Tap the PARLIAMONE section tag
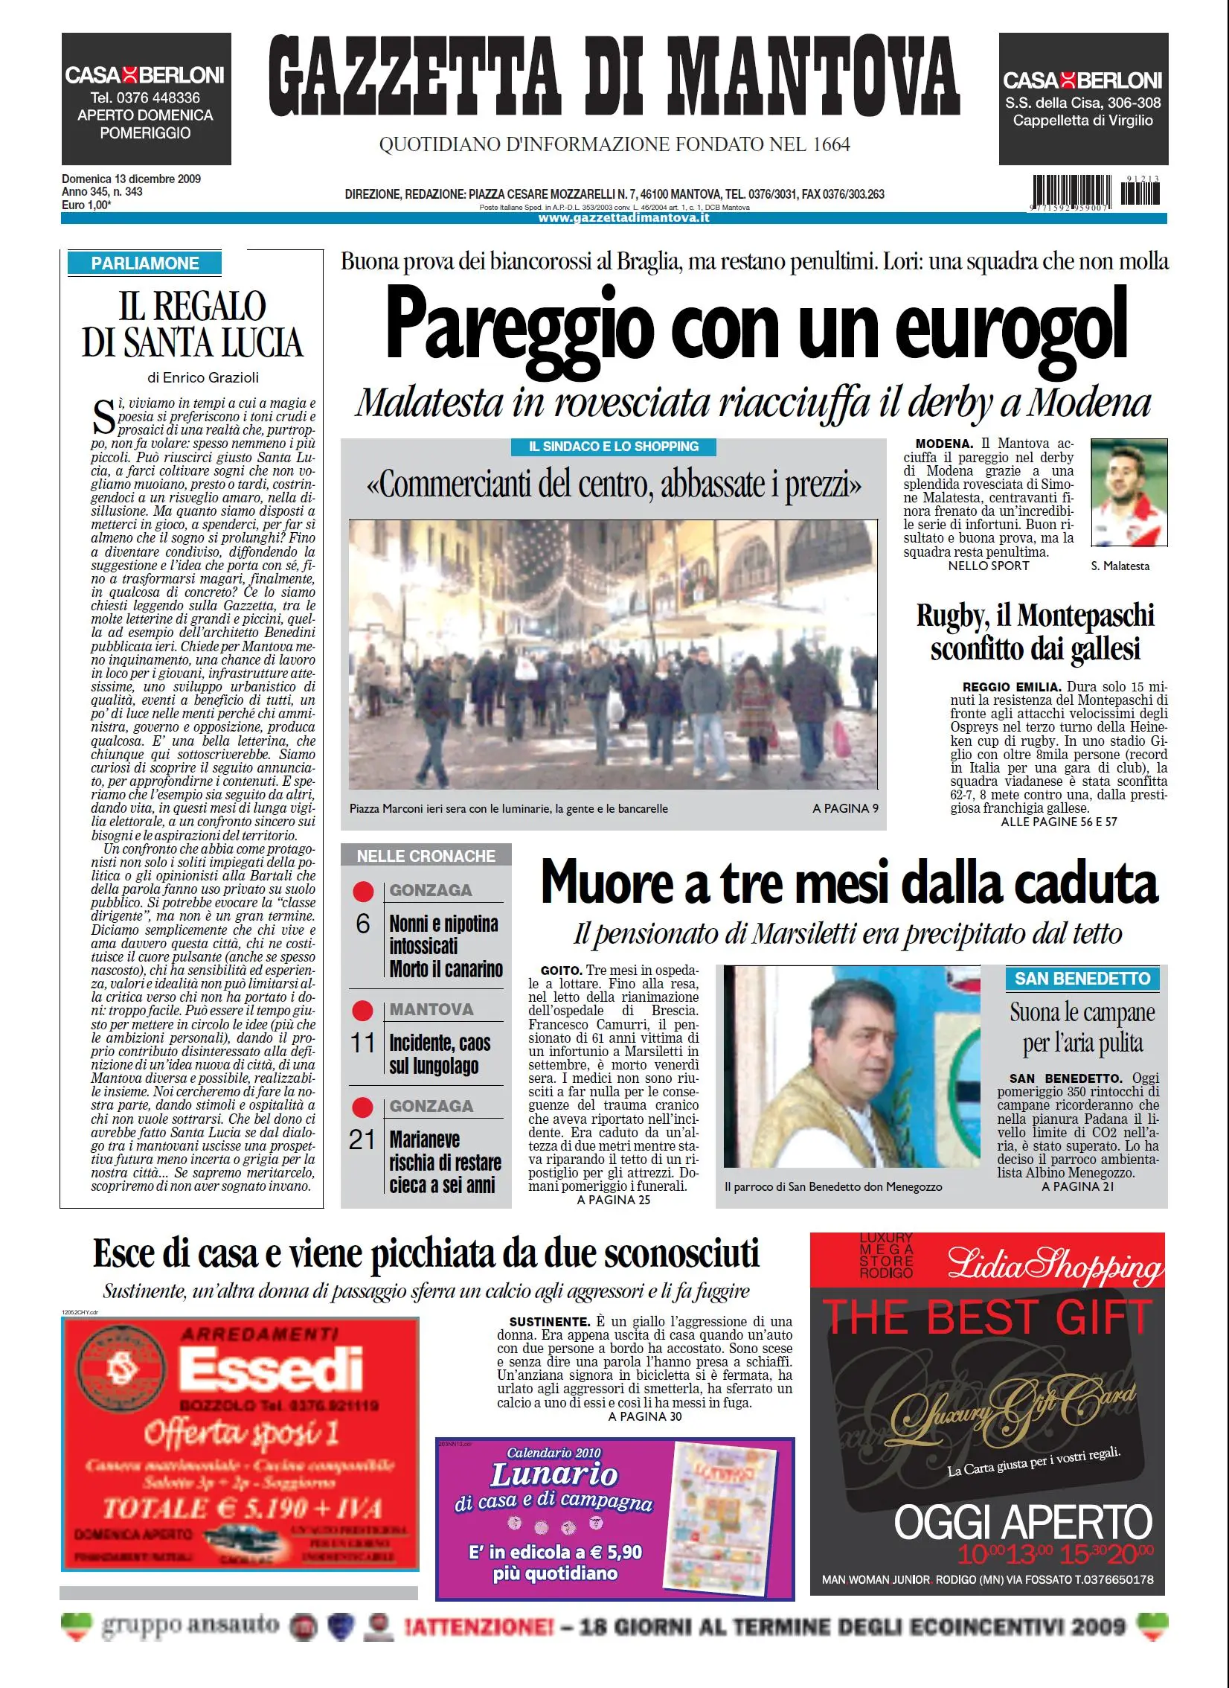click(145, 263)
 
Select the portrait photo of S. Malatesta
click(1129, 493)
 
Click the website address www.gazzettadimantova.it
click(623, 218)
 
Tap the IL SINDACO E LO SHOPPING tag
click(613, 447)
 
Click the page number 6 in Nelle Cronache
click(363, 924)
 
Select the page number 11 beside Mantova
click(363, 1043)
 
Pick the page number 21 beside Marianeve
click(362, 1139)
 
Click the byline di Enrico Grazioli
click(202, 377)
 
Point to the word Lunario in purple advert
click(553, 1474)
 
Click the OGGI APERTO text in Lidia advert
click(1022, 1523)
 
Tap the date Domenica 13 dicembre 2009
click(131, 179)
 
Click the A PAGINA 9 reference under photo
click(845, 808)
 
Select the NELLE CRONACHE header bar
click(426, 856)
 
